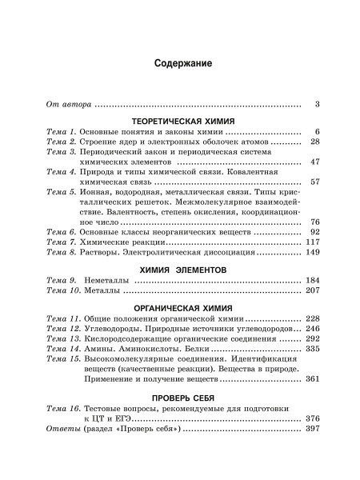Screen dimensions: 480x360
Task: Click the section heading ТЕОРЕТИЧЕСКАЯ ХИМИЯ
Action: pyautogui.click(x=183, y=117)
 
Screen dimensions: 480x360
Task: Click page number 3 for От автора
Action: pyautogui.click(x=317, y=104)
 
